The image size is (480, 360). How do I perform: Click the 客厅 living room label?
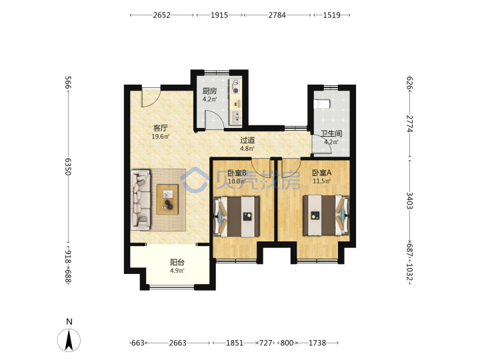point(161,127)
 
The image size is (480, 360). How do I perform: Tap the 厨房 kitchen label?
point(210,91)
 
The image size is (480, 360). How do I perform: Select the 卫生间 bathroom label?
point(331,133)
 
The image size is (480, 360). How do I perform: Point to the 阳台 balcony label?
point(177,262)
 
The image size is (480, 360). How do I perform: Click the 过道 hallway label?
point(247,140)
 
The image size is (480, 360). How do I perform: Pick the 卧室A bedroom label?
point(322,173)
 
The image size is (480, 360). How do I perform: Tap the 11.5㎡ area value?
point(322,181)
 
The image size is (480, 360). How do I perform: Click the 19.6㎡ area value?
point(161,137)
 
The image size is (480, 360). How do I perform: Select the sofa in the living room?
point(141,200)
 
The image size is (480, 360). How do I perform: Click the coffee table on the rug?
point(167,199)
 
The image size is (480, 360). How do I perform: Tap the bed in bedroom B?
point(237,217)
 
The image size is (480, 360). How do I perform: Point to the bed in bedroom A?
point(326,215)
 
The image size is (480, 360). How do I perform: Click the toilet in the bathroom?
point(322,103)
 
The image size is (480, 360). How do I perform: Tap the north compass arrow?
point(69,340)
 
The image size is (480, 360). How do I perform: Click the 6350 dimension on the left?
point(68,167)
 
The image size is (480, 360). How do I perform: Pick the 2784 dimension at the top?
point(277,15)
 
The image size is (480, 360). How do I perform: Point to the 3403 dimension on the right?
point(409,201)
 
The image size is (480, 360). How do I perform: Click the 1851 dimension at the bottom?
point(235,343)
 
